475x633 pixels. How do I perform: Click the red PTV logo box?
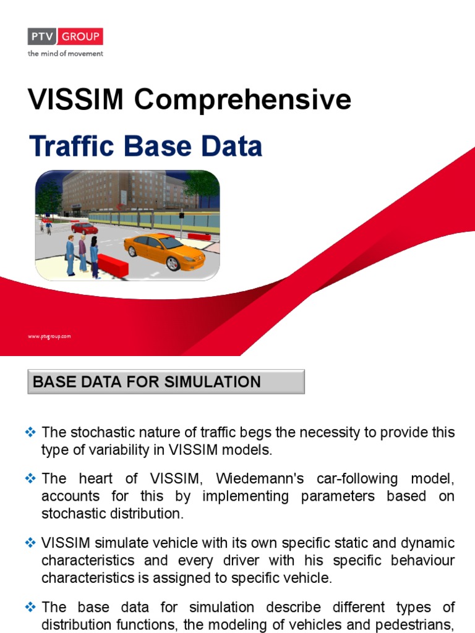point(65,36)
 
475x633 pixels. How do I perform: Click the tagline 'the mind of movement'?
point(65,53)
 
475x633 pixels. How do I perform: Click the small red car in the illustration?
point(85,229)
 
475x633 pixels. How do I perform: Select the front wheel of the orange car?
point(173,263)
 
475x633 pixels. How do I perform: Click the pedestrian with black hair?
point(94,254)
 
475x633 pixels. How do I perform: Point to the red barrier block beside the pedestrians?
point(113,264)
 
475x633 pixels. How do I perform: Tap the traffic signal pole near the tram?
point(181,225)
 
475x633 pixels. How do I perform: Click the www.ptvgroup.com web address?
point(49,336)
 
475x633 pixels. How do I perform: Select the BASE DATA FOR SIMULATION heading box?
point(166,382)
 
